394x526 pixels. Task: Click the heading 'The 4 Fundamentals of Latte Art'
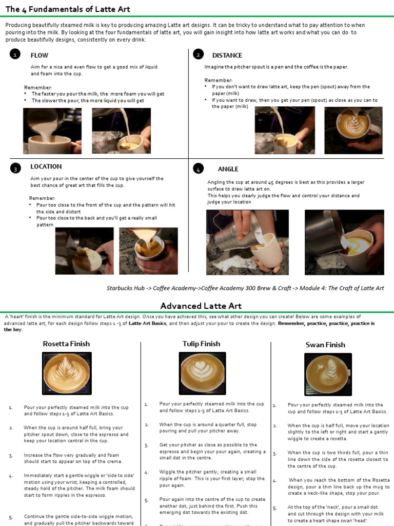[68, 9]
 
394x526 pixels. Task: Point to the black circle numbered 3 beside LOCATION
[15, 168]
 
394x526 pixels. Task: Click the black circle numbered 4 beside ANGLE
[198, 168]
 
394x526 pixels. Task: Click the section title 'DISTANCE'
[227, 55]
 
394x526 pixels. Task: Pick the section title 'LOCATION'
[46, 166]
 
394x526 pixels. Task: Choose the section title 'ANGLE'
[228, 169]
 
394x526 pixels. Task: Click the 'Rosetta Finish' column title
[66, 344]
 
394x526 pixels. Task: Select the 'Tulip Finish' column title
[201, 344]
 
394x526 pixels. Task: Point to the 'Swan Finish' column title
[325, 345]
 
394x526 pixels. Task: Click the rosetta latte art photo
[66, 373]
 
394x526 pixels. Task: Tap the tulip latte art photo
[203, 373]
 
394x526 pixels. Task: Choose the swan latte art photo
[328, 374]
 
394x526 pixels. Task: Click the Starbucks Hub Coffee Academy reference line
[245, 288]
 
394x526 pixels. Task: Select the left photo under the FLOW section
[52, 131]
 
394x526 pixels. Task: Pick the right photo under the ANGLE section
[344, 242]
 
